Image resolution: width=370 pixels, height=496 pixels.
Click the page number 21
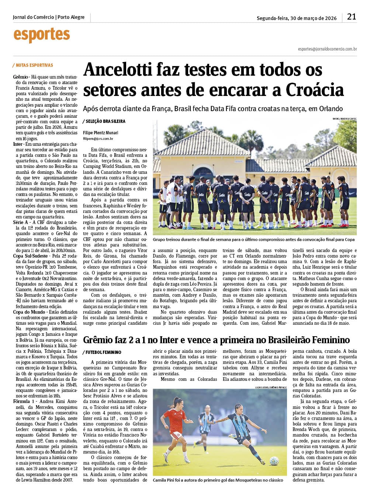pos(352,17)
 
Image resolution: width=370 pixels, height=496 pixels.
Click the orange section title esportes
pos(42,35)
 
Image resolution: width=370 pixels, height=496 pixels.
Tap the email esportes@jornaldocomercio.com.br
pos(327,49)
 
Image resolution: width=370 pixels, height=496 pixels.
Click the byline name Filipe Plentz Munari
pos(101,133)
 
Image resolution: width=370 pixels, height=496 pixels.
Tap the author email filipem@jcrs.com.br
pos(98,139)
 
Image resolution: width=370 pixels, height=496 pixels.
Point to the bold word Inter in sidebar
pos(18,144)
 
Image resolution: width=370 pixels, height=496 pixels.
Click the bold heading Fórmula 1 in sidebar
pos(24,402)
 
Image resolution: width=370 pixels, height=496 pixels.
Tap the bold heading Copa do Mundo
pos(29,312)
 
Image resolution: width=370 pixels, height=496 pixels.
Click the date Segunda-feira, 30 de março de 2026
pos(297,18)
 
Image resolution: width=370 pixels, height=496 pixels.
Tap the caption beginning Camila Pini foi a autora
pos(218,480)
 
